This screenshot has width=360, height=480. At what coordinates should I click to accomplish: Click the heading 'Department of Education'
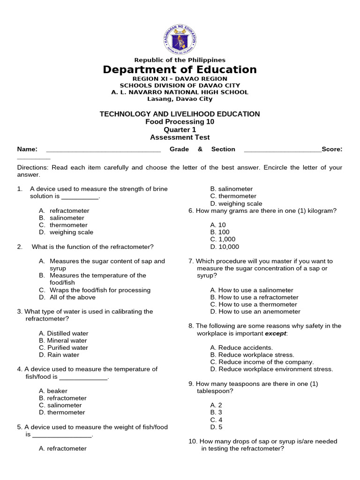(x=180, y=70)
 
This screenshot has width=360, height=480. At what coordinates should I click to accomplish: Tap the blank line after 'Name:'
(x=103, y=150)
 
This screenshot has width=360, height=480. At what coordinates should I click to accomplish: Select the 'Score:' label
(x=332, y=149)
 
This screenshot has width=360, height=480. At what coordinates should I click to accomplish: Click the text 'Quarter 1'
(x=180, y=130)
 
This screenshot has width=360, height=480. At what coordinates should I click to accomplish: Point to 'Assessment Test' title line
(x=180, y=137)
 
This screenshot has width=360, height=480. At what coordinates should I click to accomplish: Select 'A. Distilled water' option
(x=64, y=333)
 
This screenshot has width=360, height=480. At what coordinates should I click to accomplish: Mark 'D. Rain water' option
(x=60, y=355)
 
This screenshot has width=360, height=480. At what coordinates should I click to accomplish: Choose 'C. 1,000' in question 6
(x=223, y=240)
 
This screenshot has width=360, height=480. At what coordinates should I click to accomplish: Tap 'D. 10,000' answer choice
(x=225, y=247)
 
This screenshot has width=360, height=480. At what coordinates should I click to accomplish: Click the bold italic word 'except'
(x=276, y=333)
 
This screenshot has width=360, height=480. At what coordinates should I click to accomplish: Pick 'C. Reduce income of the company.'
(x=262, y=362)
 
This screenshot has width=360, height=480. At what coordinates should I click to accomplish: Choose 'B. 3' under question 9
(x=216, y=412)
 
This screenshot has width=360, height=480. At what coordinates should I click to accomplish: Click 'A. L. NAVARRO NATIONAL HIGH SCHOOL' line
(x=180, y=92)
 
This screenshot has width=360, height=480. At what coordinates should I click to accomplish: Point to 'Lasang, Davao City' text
(x=180, y=99)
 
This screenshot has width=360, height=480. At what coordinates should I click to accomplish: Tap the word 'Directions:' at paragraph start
(x=33, y=167)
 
